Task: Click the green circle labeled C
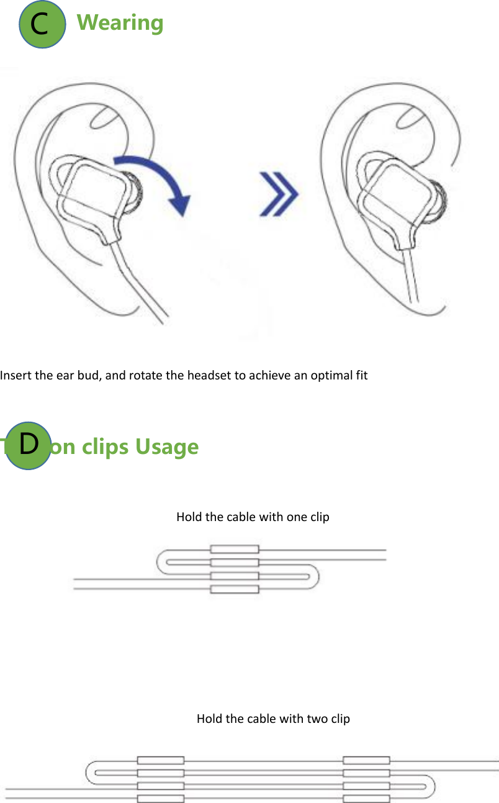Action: [42, 24]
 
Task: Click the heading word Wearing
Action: [120, 23]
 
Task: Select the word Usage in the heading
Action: [167, 447]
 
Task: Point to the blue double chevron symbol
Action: [278, 194]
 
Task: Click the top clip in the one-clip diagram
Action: [235, 549]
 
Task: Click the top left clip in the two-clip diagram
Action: [161, 760]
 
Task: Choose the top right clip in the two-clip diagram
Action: [366, 760]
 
